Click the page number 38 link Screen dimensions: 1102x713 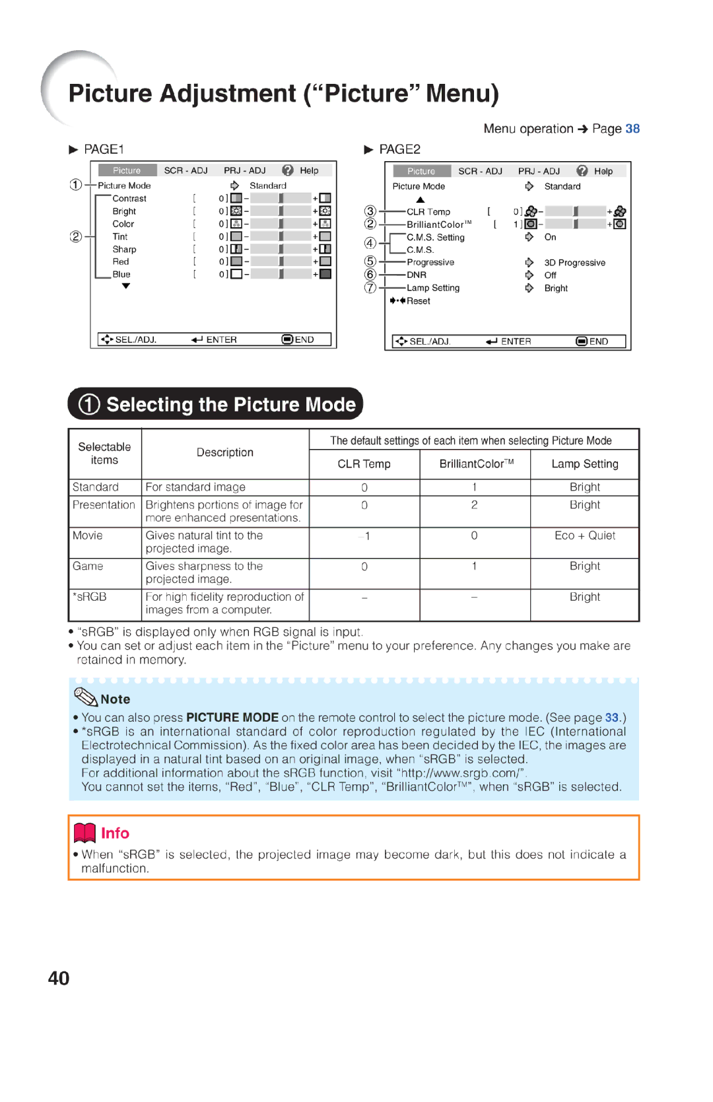632,129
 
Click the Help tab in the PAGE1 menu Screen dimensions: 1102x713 308,170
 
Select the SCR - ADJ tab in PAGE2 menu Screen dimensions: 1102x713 480,171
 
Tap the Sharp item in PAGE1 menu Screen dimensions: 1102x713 124,250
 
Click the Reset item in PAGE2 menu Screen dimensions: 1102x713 418,301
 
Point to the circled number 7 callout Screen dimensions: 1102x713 370,288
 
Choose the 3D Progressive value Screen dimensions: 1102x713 574,263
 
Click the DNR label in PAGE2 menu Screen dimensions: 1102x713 417,275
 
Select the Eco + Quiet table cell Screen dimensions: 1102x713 585,536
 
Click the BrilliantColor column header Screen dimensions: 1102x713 475,464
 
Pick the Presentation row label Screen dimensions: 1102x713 104,505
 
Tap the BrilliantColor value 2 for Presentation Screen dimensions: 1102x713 474,505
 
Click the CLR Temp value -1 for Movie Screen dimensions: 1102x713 364,536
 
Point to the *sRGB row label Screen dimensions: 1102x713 90,597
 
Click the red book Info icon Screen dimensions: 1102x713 85,833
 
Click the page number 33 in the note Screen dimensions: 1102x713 612,718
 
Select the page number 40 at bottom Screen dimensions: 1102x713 59,979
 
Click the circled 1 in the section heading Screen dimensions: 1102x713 89,405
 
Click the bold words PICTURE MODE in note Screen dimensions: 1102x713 232,718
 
